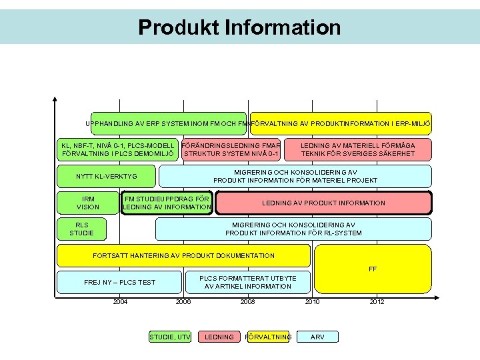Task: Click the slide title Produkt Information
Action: [239, 27]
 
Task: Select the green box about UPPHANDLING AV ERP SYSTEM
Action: [168, 123]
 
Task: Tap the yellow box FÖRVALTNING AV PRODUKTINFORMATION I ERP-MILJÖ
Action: [341, 123]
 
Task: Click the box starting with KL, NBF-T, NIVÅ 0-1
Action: [118, 149]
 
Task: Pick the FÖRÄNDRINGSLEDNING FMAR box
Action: [231, 149]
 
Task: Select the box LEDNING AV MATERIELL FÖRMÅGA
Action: [357, 149]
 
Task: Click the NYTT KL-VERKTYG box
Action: [107, 176]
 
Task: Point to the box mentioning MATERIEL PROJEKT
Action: [295, 176]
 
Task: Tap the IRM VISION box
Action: [87, 203]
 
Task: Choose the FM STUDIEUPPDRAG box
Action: [166, 203]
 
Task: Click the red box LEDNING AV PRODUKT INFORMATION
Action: [323, 203]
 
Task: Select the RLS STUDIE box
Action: [81, 229]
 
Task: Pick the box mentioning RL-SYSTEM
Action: [293, 229]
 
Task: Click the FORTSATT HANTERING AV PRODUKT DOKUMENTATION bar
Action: [183, 255]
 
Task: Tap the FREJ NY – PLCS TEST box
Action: [119, 282]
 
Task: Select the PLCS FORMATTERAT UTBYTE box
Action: [248, 282]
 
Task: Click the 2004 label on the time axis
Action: [120, 302]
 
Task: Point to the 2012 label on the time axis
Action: [377, 302]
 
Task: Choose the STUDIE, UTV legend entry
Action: [169, 337]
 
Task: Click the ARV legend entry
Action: [318, 337]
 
